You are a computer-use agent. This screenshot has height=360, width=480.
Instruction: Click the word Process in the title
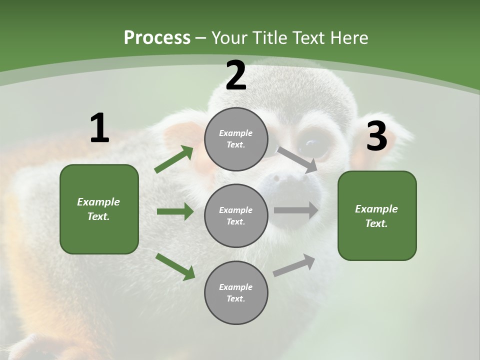point(157,38)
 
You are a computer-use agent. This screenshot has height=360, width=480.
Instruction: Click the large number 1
point(99,128)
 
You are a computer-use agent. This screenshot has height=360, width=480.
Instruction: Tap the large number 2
point(236,76)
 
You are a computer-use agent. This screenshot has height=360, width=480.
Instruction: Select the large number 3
point(376,136)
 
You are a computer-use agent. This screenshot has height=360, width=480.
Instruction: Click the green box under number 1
point(99,209)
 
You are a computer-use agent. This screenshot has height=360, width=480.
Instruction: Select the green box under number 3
point(377,216)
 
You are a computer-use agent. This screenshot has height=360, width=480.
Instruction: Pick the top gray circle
point(236,139)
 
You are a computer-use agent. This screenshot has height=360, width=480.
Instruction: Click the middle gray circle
point(236,216)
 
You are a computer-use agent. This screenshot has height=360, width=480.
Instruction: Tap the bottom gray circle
point(236,293)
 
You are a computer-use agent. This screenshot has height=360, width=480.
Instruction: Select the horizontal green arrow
point(175,211)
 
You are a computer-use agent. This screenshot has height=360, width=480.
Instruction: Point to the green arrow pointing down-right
point(175,266)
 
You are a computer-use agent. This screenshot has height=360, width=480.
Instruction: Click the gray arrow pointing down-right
point(297,159)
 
